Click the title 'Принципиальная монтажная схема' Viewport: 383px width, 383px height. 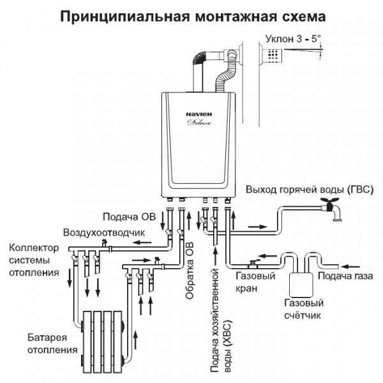(x=191, y=14)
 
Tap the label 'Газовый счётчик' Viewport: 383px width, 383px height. (x=303, y=309)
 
